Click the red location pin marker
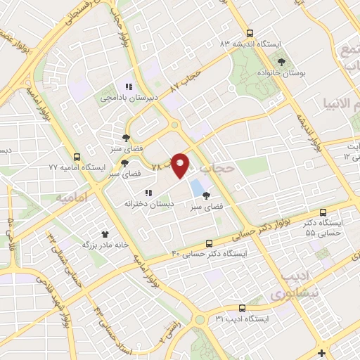pos(181,165)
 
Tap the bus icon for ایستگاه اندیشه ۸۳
pos(250,33)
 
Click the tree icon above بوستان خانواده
pos(281,63)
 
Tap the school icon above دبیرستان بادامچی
pos(129,86)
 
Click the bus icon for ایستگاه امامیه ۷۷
pos(77,157)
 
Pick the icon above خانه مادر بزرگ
pos(105,234)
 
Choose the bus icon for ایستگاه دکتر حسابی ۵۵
pos(323,212)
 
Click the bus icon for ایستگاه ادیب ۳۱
pos(242,308)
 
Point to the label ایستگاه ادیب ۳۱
pos(242,319)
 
